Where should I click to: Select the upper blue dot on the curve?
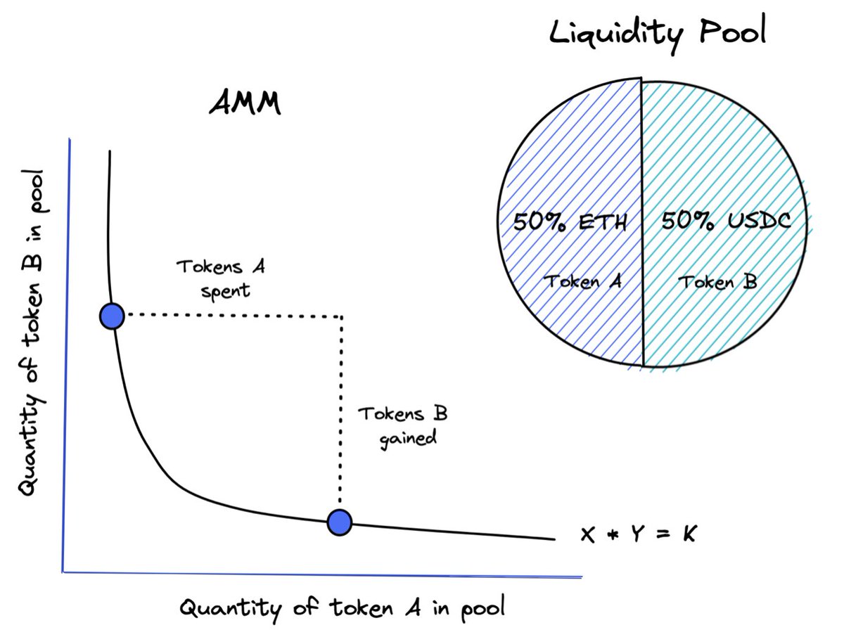pos(112,316)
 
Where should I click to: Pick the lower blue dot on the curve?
pos(339,521)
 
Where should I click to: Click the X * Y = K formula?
pos(639,535)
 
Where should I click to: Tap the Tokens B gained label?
pos(403,425)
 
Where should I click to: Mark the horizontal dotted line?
pos(232,316)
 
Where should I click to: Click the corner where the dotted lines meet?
pos(342,316)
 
